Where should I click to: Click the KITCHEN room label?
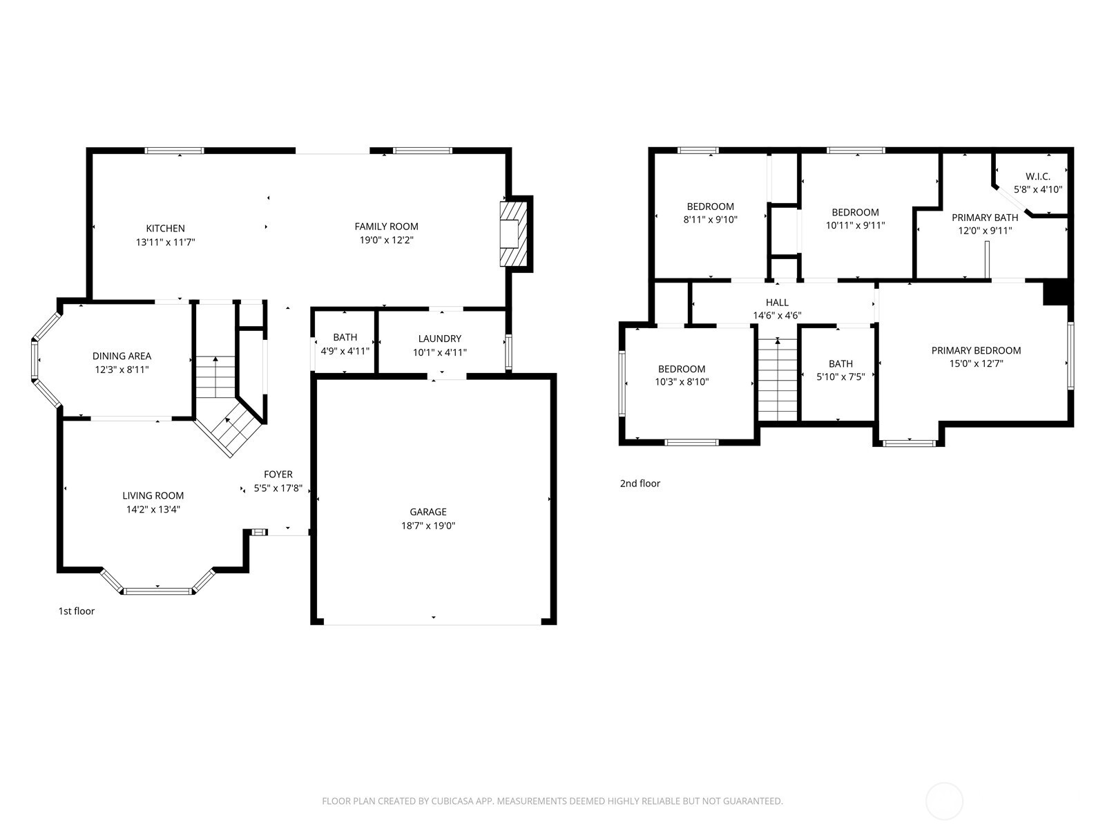point(165,228)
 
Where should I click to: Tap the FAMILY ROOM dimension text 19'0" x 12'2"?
point(386,240)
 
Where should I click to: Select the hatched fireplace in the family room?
point(513,234)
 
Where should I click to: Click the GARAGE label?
point(427,512)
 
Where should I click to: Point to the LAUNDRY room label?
point(439,339)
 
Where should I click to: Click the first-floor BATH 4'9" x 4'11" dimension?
point(345,351)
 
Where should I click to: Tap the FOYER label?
point(278,475)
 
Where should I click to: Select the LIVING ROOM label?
point(153,495)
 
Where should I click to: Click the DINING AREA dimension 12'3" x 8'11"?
point(122,370)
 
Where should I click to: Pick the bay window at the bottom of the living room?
point(158,590)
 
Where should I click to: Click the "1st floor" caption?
point(76,611)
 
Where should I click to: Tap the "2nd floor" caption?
point(640,484)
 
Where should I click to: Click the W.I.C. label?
point(1037,176)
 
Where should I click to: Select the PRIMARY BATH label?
point(985,218)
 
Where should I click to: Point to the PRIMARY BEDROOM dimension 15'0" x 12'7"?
point(976,363)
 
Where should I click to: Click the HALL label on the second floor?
point(776,303)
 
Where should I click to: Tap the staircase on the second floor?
point(778,380)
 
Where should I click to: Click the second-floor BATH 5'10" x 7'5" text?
point(840,377)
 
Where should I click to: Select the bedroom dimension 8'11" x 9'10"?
point(710,220)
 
